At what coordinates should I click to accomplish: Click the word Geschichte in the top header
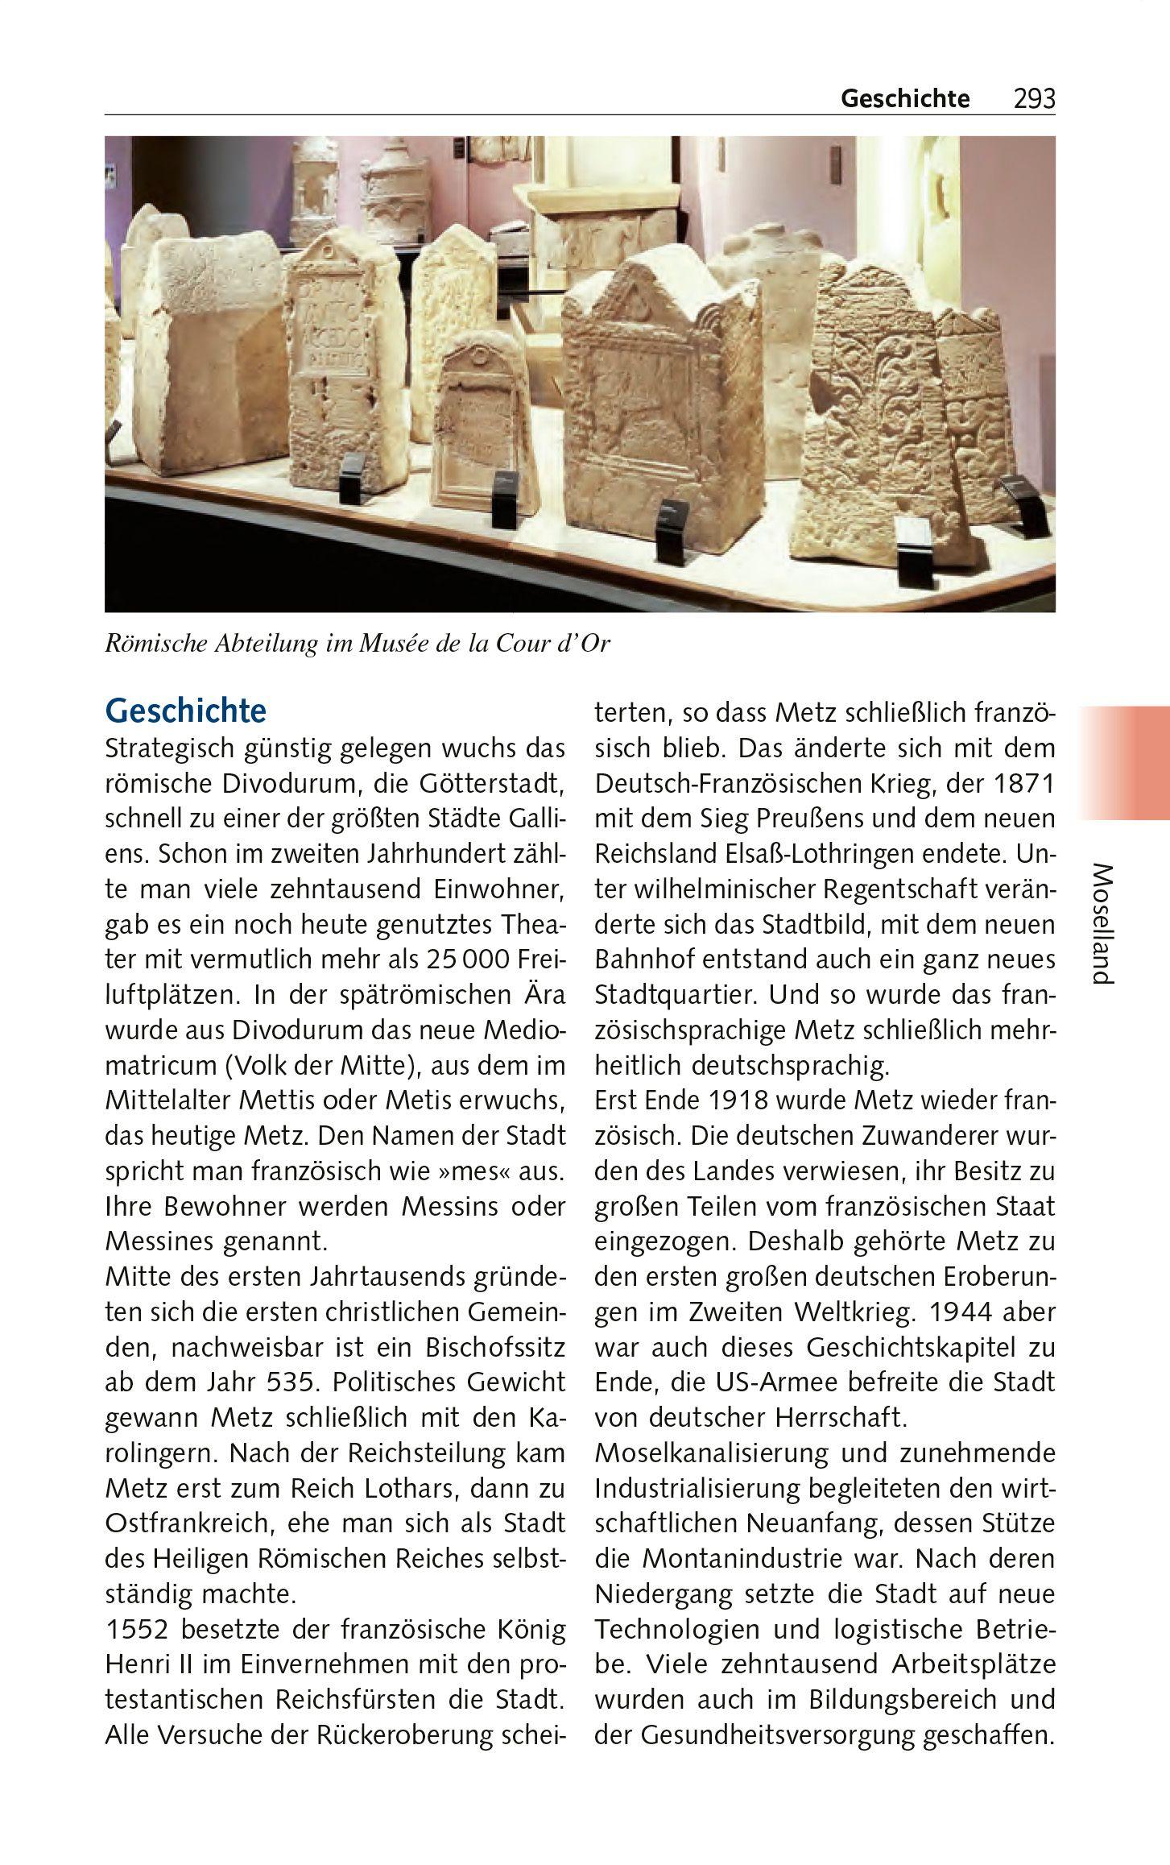(x=905, y=99)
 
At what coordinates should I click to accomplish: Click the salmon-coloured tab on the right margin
(x=1124, y=763)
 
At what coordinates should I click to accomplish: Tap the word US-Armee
(x=760, y=1382)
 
